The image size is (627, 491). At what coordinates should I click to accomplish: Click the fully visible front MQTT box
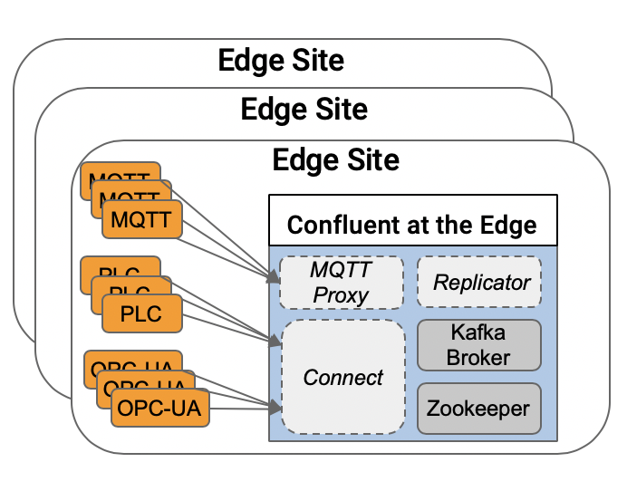coord(141,217)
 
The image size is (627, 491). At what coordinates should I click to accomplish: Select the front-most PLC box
coord(141,313)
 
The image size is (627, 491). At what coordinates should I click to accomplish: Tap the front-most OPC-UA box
coord(159,409)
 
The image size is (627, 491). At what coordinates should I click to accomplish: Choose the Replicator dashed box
coord(479,282)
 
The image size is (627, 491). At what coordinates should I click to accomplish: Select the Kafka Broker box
coord(479,344)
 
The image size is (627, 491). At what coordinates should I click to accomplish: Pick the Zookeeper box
coord(479,408)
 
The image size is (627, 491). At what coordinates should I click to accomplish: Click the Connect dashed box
coord(343,377)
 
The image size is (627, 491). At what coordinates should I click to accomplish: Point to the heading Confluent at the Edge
coord(411,224)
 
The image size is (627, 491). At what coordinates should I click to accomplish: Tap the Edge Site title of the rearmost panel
coord(281,61)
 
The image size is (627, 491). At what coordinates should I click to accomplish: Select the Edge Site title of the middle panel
coord(304,110)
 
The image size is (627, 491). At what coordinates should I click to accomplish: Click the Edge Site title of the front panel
coord(335,160)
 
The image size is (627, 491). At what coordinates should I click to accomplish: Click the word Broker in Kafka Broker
coord(479,357)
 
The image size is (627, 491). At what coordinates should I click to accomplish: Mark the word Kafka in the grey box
coord(479,332)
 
